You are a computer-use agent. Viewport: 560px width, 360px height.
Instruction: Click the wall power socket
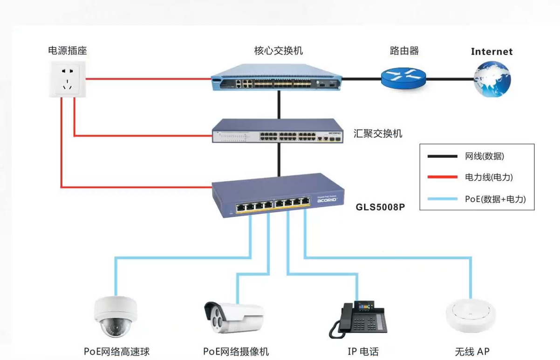pyautogui.click(x=68, y=81)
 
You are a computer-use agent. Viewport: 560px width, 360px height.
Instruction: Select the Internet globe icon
pyautogui.click(x=492, y=80)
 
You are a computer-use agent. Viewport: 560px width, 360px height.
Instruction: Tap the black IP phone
pyautogui.click(x=358, y=320)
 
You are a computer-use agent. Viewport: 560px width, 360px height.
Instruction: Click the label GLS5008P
pyautogui.click(x=380, y=206)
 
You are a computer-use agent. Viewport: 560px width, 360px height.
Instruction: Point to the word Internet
pyautogui.click(x=492, y=52)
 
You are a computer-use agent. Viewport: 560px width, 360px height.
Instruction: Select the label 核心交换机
pyautogui.click(x=278, y=50)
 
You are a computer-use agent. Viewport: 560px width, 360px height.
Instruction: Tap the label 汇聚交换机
pyautogui.click(x=378, y=134)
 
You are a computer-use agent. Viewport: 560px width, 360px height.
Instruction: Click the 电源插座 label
pyautogui.click(x=68, y=50)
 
